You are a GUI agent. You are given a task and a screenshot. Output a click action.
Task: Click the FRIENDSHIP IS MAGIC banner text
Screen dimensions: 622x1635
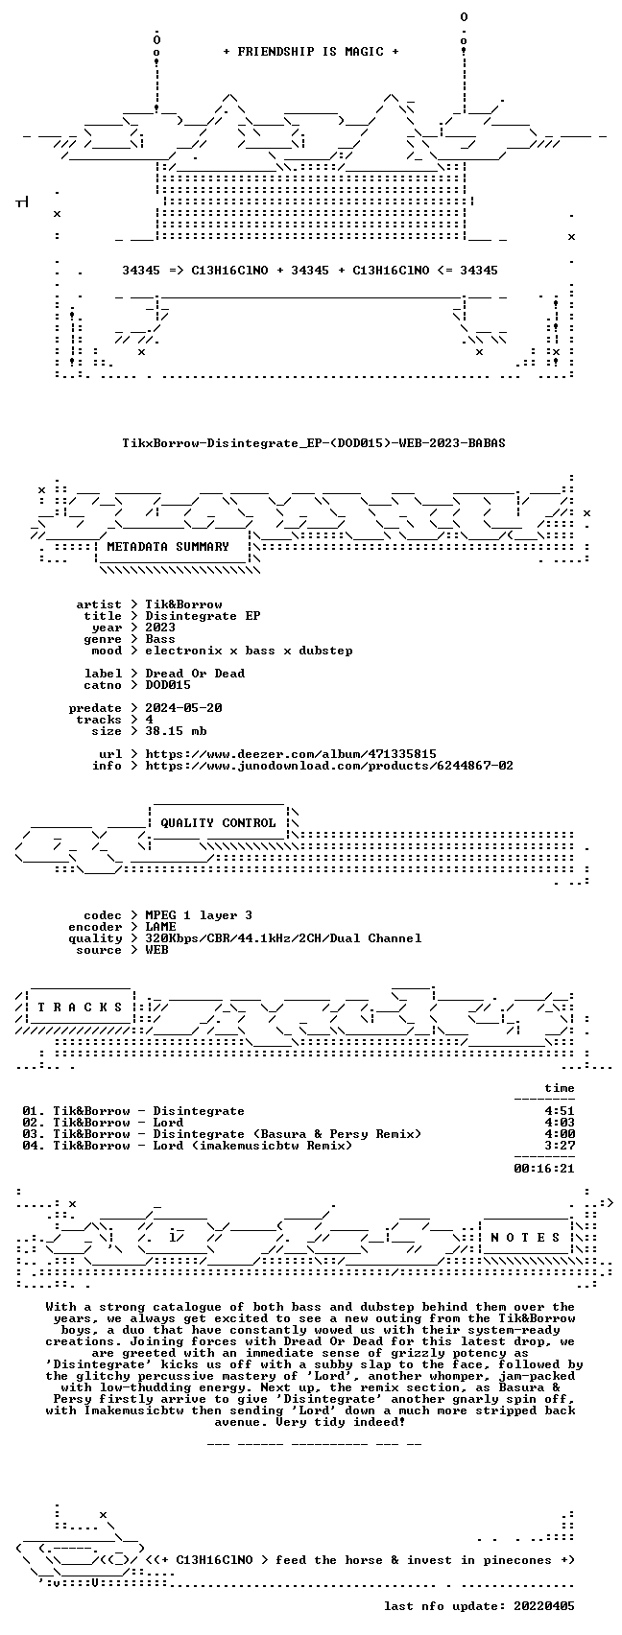(310, 51)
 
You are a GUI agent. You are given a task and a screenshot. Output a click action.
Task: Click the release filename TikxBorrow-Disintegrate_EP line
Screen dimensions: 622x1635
(314, 443)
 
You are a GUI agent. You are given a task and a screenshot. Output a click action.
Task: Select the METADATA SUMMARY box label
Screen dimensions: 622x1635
(168, 547)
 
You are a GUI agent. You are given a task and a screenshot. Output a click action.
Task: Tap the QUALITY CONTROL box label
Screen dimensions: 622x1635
(218, 823)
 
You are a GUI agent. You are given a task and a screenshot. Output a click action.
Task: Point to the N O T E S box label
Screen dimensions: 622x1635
(525, 1237)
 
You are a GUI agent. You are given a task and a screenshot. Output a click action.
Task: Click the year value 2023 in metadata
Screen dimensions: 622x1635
(160, 628)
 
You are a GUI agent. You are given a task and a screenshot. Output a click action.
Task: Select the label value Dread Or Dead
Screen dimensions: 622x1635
(195, 674)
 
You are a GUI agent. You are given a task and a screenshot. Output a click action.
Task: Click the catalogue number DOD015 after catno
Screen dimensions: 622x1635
(168, 685)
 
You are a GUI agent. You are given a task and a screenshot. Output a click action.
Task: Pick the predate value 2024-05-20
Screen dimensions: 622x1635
(183, 708)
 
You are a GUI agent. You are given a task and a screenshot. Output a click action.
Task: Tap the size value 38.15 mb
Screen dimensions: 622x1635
(176, 731)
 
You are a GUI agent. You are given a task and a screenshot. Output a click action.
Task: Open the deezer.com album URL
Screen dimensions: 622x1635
(291, 754)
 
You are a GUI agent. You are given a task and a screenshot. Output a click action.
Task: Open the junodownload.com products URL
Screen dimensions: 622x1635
(329, 766)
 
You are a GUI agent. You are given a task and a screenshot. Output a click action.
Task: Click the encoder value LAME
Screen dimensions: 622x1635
(160, 927)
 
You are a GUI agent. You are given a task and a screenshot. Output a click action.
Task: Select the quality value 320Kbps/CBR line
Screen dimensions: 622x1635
(283, 938)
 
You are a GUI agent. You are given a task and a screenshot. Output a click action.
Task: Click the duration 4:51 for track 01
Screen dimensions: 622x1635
(560, 1111)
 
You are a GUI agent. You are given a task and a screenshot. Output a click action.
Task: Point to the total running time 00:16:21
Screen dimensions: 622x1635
(544, 1169)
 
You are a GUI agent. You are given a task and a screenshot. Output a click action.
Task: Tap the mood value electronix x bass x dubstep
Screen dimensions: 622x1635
(249, 652)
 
